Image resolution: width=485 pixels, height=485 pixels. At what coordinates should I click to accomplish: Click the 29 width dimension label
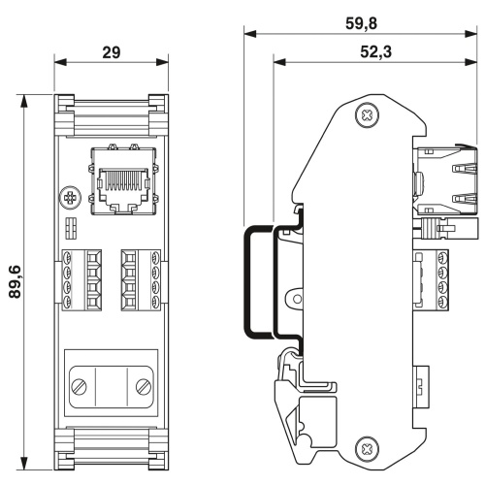(112, 52)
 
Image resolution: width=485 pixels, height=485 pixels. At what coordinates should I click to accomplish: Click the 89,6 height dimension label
(15, 281)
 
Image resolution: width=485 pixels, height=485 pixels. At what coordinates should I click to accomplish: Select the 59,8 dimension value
(361, 23)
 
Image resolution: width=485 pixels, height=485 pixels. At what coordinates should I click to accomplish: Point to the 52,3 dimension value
(375, 51)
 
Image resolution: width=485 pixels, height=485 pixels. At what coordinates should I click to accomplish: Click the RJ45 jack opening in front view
(124, 188)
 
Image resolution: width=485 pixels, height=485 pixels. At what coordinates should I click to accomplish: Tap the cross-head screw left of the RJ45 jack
(70, 198)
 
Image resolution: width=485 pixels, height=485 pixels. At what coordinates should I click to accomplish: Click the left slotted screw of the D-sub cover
(80, 387)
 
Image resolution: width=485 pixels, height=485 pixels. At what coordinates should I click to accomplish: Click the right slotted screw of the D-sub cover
(144, 387)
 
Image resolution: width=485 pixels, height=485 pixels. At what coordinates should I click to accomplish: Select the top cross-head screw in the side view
(367, 114)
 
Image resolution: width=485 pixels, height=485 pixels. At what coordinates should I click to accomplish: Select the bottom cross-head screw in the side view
(367, 448)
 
